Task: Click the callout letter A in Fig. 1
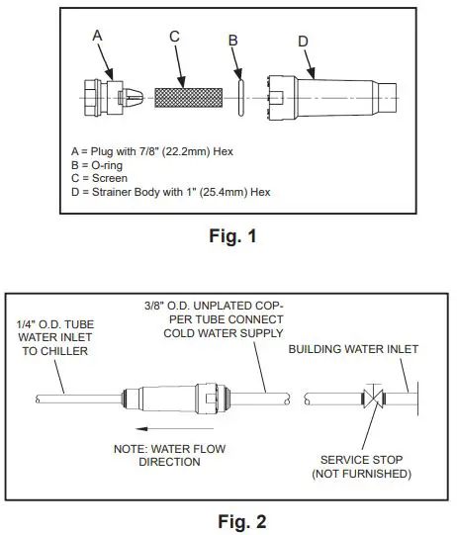coord(98,35)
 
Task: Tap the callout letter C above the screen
coord(174,37)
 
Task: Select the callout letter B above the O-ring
coord(233,41)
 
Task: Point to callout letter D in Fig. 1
coord(302,42)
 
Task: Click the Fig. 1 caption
coord(229,235)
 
